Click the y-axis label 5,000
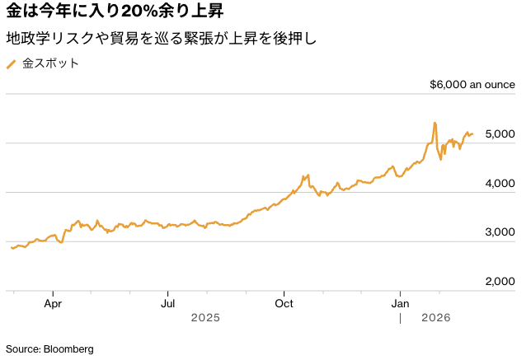pos(500,133)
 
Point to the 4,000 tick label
pos(500,183)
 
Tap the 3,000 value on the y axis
pos(500,232)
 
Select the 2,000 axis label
pos(500,282)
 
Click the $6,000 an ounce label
pos(472,84)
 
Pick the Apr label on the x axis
pos(53,302)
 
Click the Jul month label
pos(167,302)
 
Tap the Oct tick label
pos(284,302)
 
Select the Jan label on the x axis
pos(401,302)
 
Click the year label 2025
pos(206,318)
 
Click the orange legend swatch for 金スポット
pos(11,63)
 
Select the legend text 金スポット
pos(50,63)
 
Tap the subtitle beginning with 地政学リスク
pos(161,39)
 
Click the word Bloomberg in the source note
pos(70,348)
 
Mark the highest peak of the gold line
pos(435,123)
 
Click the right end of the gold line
pos(472,133)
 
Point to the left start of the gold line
pos(12,247)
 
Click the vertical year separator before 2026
pos(400,318)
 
